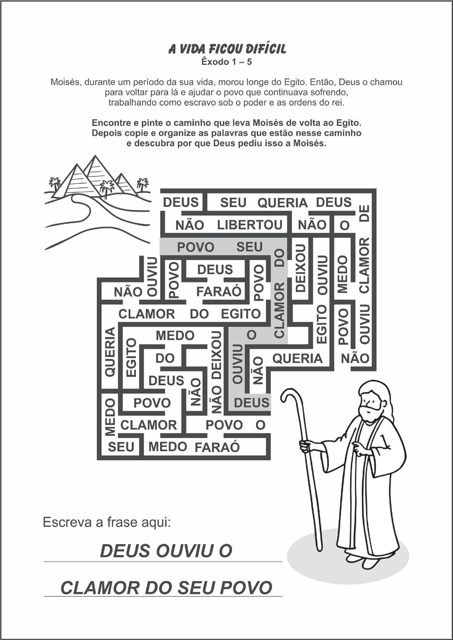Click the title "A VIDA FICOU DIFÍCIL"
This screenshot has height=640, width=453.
(227, 49)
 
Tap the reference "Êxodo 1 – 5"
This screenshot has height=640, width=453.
(227, 62)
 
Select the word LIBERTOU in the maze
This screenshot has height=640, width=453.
(250, 225)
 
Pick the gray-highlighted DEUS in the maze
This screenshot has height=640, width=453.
(251, 402)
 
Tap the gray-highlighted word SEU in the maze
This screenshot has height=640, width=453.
(249, 247)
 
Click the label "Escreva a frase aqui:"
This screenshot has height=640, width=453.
(107, 522)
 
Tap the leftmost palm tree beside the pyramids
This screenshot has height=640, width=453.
(55, 183)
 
